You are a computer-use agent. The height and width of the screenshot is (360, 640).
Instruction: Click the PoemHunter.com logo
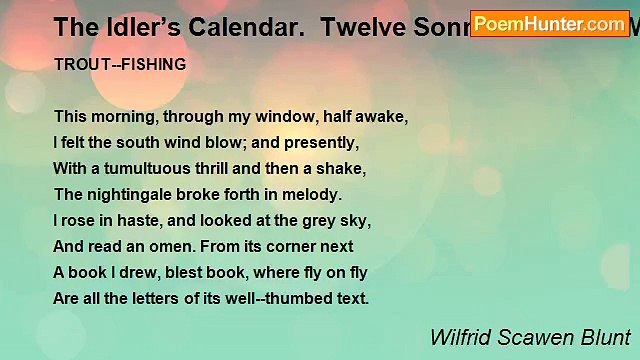tap(549, 23)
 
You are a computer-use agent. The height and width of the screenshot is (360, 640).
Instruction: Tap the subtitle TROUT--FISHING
tap(121, 63)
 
